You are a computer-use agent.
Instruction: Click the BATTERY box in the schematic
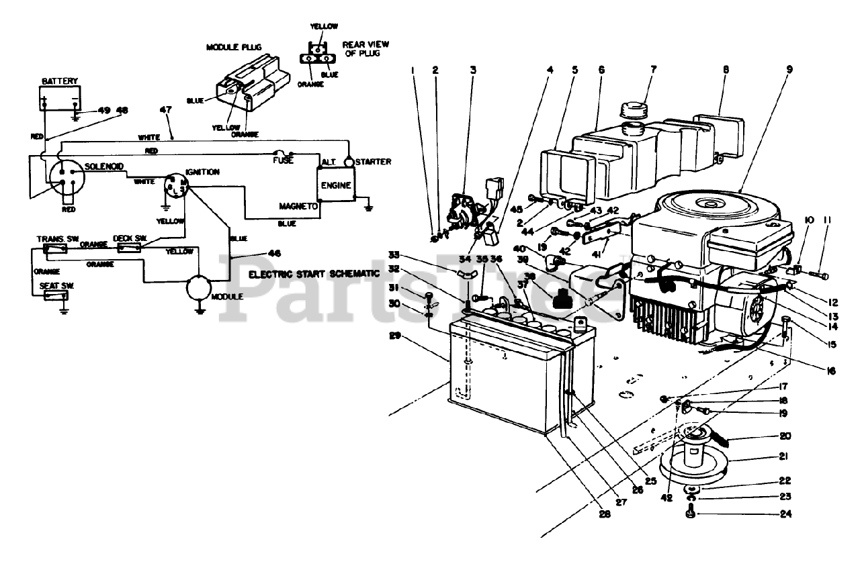pyautogui.click(x=60, y=99)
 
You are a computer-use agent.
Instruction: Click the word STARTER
pyautogui.click(x=374, y=162)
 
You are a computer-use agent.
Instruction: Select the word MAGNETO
pyautogui.click(x=298, y=206)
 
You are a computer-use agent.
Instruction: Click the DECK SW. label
pyautogui.click(x=131, y=238)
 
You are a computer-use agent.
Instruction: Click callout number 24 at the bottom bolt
pyautogui.click(x=785, y=516)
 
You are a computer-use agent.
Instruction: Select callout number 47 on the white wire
pyautogui.click(x=165, y=110)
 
